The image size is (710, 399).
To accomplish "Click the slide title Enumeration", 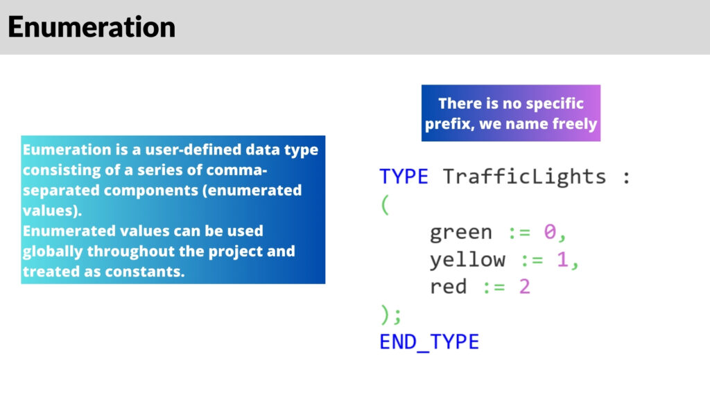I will tap(92, 28).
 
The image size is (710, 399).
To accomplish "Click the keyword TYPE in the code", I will tap(404, 177).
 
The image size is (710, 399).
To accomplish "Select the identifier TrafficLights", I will tap(524, 177).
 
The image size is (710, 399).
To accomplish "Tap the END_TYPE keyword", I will tap(429, 342).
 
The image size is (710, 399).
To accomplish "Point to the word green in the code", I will tap(461, 233).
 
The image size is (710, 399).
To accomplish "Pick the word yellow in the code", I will tap(467, 260).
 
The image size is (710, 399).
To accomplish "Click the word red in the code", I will tap(448, 287).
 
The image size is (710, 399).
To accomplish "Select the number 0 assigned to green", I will tap(549, 232).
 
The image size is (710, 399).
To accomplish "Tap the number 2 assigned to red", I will tap(523, 287).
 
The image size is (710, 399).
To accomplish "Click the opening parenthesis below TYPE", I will tap(384, 206).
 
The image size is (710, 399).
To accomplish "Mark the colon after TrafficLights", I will tap(626, 178).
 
